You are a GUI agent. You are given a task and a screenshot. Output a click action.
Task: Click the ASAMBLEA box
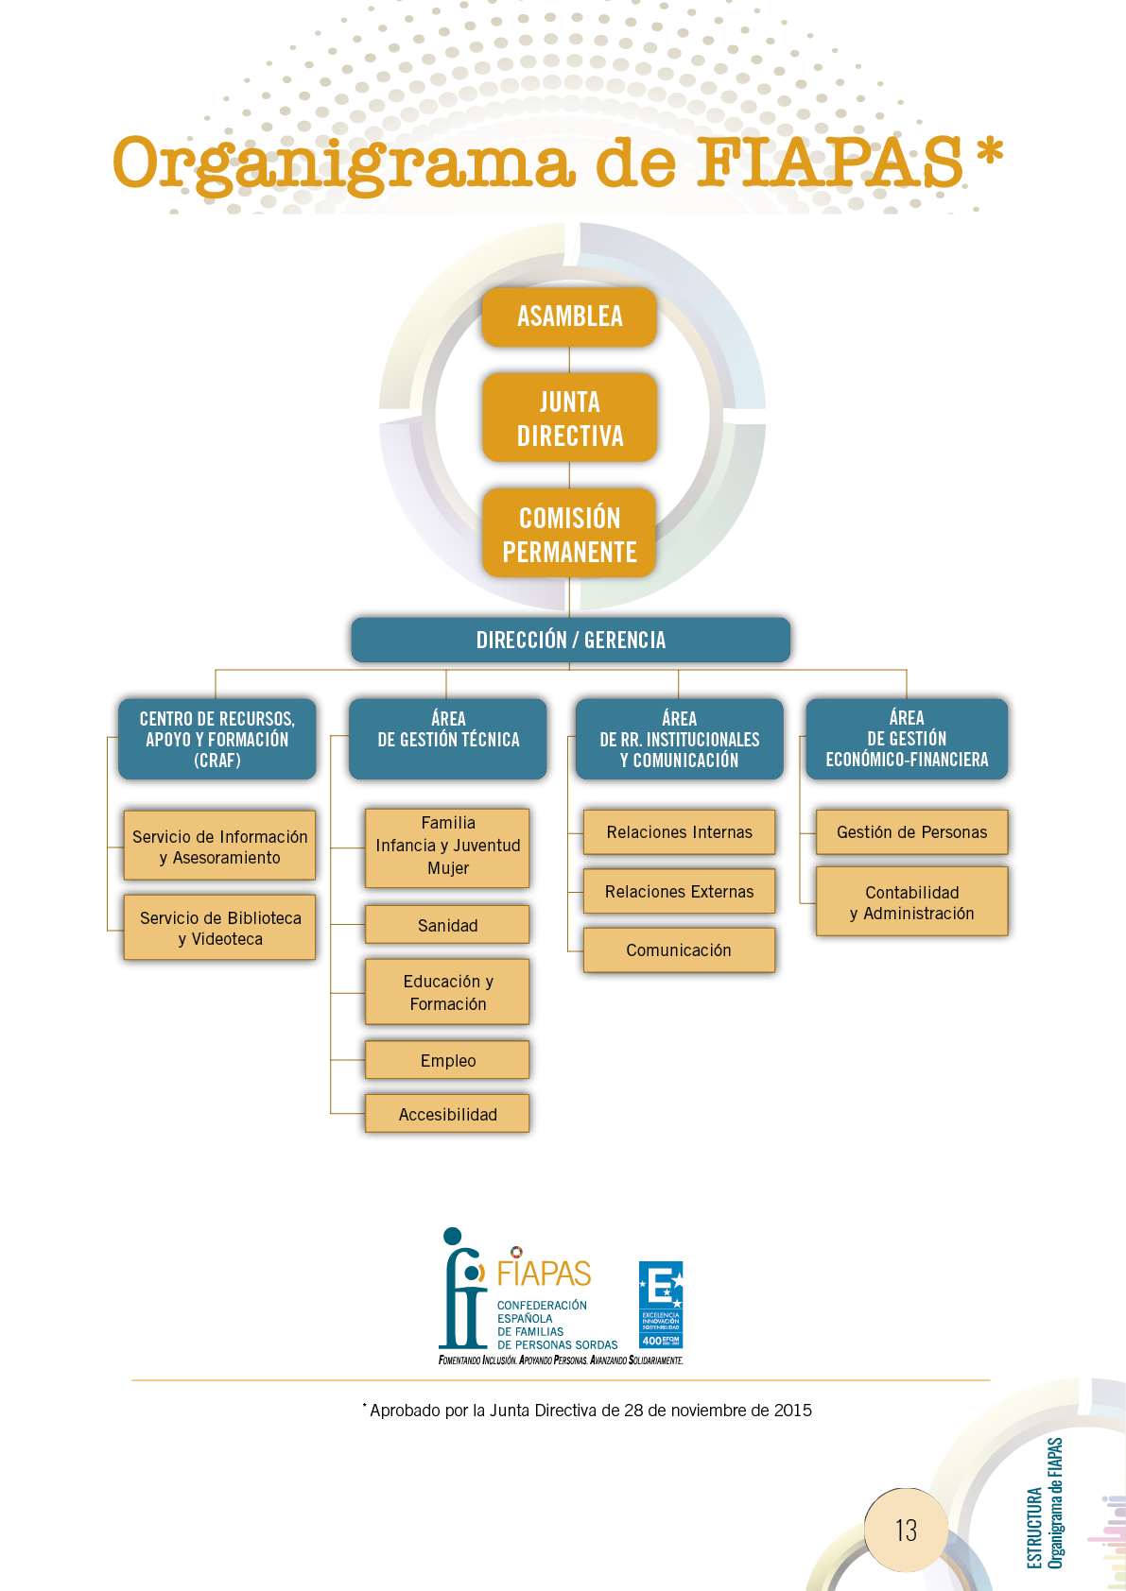569,317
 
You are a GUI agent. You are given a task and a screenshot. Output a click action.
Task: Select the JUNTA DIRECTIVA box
569,419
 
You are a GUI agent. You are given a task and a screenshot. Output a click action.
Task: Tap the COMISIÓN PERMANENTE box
569,534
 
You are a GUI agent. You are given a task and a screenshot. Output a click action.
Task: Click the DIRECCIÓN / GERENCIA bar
570,640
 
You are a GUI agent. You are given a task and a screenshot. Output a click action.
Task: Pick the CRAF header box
217,739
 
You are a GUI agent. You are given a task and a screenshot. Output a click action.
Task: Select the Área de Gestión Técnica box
448,739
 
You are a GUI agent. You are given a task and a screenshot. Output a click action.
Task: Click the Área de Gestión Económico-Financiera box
907,739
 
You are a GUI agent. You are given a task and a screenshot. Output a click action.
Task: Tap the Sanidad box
447,925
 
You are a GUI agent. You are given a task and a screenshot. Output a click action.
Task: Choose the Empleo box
447,1060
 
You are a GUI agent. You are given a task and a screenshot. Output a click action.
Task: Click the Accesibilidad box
447,1114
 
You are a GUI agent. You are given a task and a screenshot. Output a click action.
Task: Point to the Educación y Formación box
447,992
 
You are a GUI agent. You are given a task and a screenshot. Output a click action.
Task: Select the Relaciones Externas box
679,891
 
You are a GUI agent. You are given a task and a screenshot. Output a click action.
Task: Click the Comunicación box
679,949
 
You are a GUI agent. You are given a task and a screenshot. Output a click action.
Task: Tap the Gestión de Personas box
911,831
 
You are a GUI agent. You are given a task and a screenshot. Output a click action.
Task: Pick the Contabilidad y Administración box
911,902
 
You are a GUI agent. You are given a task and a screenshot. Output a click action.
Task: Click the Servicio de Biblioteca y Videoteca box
219,928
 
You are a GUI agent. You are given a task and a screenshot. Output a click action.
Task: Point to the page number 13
905,1530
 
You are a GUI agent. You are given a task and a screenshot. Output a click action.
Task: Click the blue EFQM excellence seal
660,1305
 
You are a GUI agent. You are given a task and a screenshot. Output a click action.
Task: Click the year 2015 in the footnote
792,1411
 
